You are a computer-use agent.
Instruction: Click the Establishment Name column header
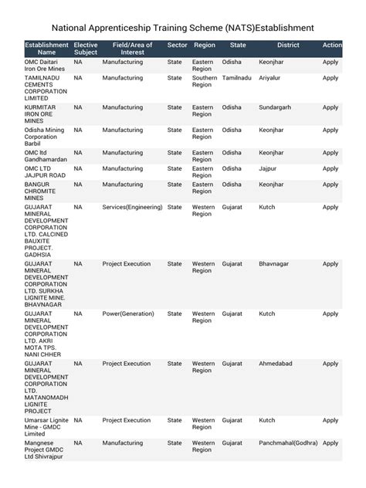(x=46, y=49)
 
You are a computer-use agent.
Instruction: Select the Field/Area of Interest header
(x=132, y=49)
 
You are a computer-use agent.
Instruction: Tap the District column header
(x=288, y=46)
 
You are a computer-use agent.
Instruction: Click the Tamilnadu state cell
(x=236, y=78)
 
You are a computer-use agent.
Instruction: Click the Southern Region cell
(x=205, y=82)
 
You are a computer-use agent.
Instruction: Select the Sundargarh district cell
(x=279, y=107)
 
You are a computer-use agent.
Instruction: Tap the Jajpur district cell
(x=268, y=168)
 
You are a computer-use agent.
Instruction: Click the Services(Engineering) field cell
(x=132, y=207)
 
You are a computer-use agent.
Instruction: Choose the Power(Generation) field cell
(x=128, y=313)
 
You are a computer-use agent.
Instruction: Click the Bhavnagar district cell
(x=274, y=264)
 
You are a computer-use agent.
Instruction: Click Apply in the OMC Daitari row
(x=330, y=62)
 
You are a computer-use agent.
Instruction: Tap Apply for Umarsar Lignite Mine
(x=330, y=420)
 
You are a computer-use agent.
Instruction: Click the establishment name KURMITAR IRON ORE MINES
(x=42, y=114)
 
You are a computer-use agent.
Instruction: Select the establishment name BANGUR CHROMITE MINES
(x=44, y=191)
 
